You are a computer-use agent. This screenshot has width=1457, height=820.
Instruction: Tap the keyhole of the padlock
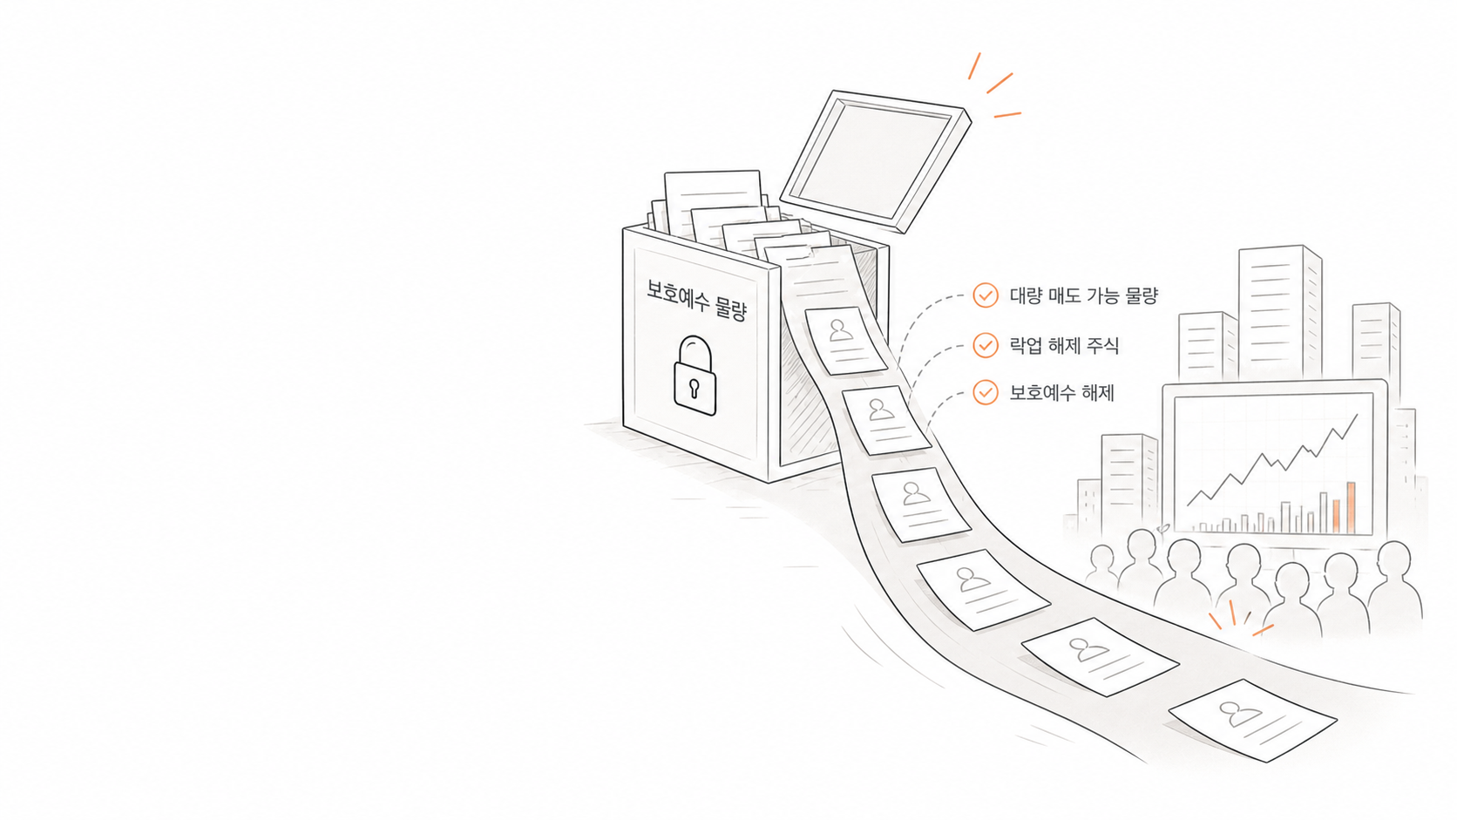pyautogui.click(x=694, y=389)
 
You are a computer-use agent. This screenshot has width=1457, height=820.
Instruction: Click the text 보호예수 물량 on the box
pyautogui.click(x=696, y=300)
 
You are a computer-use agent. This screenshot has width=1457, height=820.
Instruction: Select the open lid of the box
pyautogui.click(x=876, y=161)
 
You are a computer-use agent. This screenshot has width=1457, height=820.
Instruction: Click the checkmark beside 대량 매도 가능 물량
pyautogui.click(x=986, y=295)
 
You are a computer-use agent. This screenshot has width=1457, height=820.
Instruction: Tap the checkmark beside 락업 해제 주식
pyautogui.click(x=986, y=345)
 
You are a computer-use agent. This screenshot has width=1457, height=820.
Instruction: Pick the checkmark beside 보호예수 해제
pyautogui.click(x=986, y=392)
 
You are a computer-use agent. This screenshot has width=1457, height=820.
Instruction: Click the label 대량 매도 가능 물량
pyautogui.click(x=1084, y=296)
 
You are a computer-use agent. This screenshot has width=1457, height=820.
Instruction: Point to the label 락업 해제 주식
pyautogui.click(x=1064, y=345)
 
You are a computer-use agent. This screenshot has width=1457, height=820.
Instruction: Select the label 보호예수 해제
pyautogui.click(x=1062, y=393)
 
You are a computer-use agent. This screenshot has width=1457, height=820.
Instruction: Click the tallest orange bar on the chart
pyautogui.click(x=1351, y=507)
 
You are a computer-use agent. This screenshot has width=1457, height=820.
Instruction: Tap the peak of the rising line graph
pyautogui.click(x=1357, y=415)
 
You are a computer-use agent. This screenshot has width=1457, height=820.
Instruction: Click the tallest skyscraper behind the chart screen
pyautogui.click(x=1280, y=312)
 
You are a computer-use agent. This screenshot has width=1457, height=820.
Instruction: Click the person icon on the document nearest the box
pyautogui.click(x=840, y=330)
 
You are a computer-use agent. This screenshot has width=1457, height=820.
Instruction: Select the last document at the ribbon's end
pyautogui.click(x=1253, y=720)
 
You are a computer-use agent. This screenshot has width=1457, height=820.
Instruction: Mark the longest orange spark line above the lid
pyautogui.click(x=1000, y=83)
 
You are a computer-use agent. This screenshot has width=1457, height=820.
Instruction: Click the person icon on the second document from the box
pyautogui.click(x=878, y=409)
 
